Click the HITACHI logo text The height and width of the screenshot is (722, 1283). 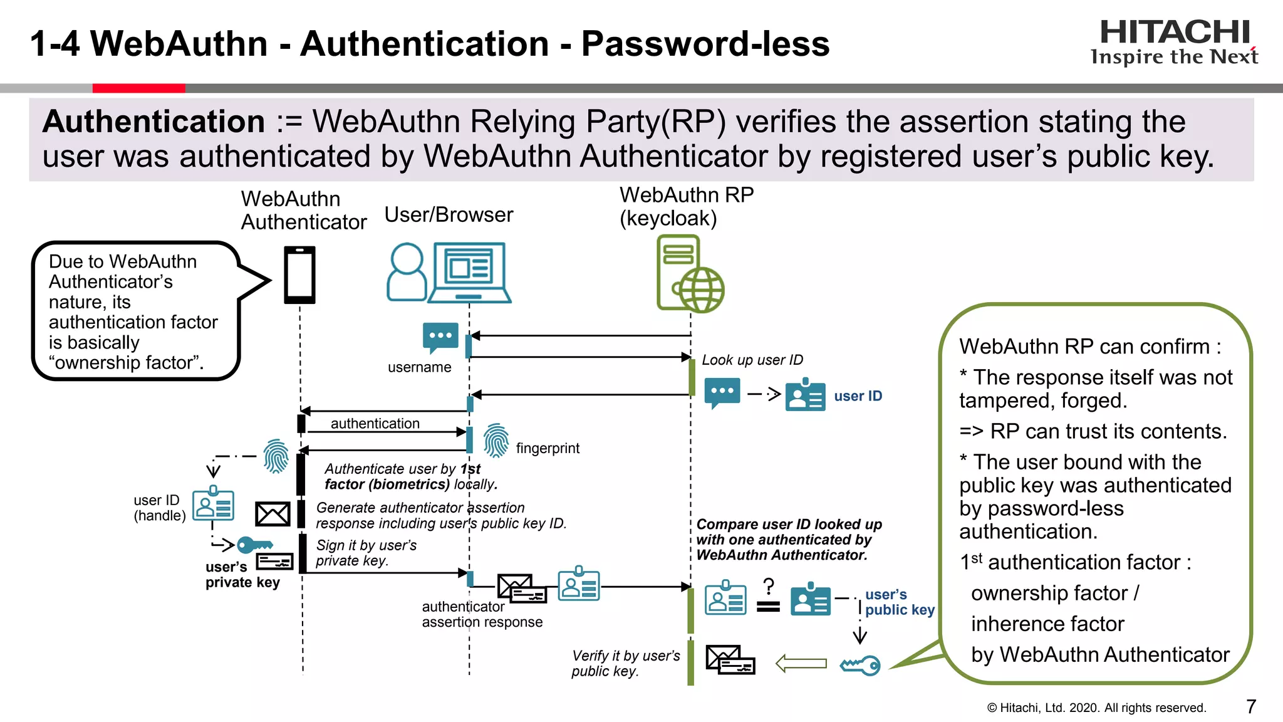[x=1174, y=32]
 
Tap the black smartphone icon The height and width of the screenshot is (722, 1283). [x=299, y=275]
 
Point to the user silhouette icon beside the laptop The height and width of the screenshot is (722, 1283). [x=407, y=272]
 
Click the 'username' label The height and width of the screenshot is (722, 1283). [x=419, y=367]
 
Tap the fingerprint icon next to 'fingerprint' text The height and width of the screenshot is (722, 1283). [x=496, y=441]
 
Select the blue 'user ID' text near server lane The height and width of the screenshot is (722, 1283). [x=858, y=396]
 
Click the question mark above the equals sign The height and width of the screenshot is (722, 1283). [x=769, y=587]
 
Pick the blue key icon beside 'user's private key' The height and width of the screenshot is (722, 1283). [x=254, y=545]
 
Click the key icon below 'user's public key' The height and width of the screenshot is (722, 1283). [x=860, y=665]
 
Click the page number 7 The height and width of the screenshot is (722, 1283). [x=1250, y=706]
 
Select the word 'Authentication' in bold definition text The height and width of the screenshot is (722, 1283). [x=154, y=122]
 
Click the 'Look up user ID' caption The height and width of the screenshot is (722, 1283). [x=752, y=360]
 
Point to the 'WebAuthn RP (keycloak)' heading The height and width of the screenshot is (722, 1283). [x=686, y=206]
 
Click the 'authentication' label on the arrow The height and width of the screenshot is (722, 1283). [x=375, y=424]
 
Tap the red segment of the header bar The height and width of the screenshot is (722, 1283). [x=138, y=88]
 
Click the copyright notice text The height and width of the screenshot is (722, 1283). [x=1096, y=708]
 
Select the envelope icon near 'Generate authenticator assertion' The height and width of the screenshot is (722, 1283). [x=273, y=515]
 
